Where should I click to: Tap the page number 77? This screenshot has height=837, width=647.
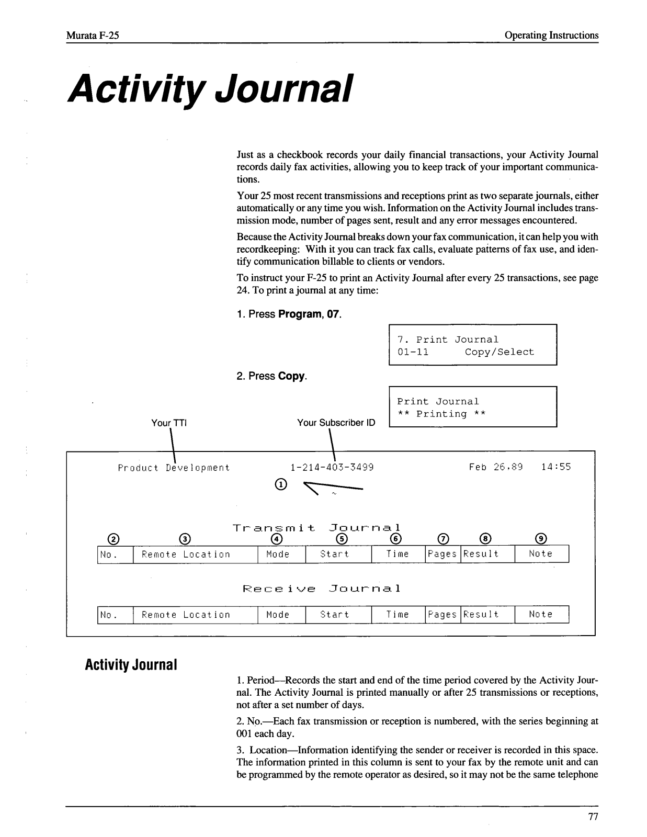(593, 817)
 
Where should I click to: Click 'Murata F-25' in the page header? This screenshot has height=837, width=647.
(93, 36)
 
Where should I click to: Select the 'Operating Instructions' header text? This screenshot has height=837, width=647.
(551, 36)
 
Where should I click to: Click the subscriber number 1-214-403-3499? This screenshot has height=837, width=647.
(332, 467)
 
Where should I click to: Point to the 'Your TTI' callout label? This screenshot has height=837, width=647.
(168, 423)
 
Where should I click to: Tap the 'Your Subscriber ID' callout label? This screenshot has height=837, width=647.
(336, 423)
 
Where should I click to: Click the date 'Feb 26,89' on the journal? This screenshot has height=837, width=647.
(495, 467)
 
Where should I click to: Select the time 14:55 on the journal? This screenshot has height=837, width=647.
(556, 467)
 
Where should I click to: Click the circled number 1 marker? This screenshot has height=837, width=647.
(281, 484)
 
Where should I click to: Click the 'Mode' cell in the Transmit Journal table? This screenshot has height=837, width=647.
(278, 555)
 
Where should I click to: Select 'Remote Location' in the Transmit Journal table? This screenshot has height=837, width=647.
(186, 555)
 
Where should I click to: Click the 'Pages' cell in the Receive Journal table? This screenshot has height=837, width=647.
(442, 615)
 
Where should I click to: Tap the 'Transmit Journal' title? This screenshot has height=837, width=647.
(316, 528)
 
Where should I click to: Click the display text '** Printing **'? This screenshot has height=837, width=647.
(441, 414)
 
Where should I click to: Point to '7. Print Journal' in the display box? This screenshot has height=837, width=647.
(448, 340)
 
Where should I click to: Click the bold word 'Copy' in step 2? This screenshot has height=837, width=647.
(291, 376)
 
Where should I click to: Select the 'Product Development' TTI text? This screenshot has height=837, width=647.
(174, 468)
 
